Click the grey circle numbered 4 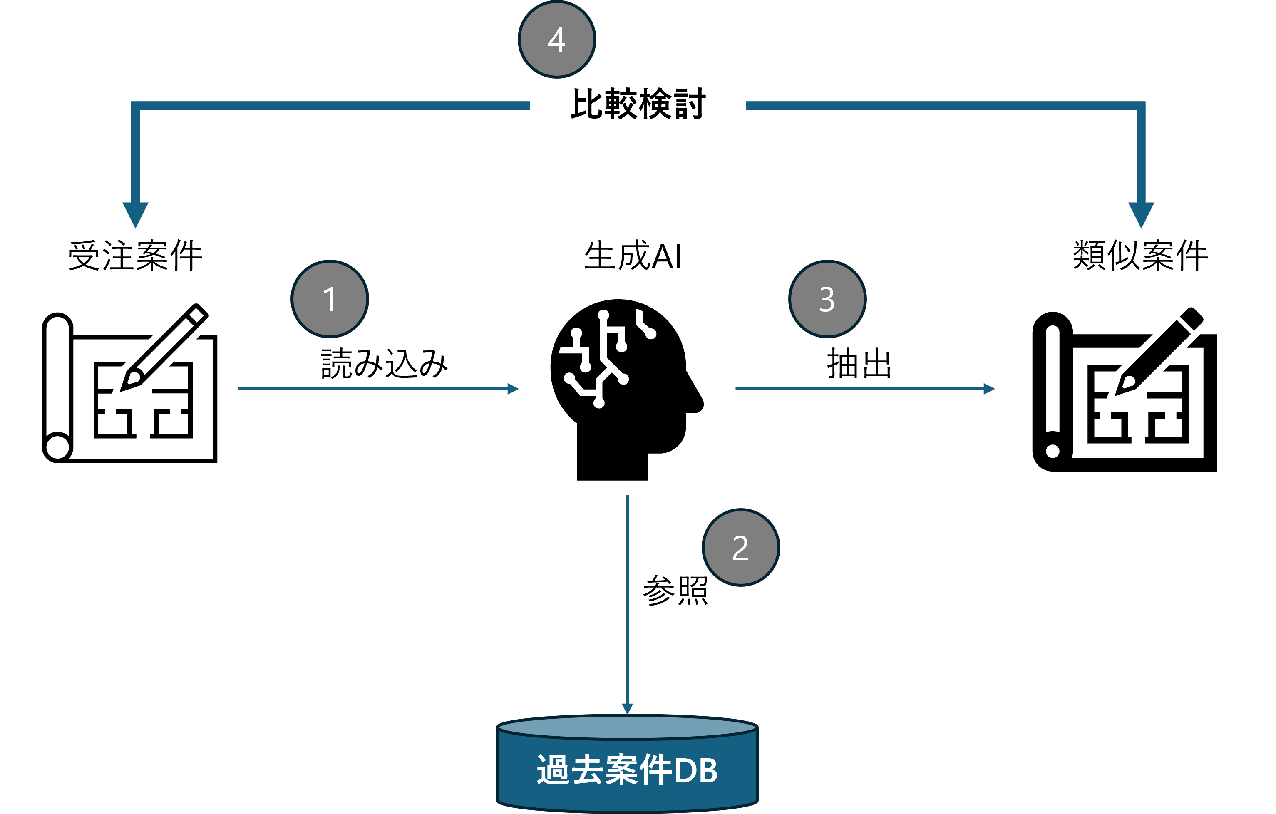pos(556,39)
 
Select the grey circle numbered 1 pos(330,299)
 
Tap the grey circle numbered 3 pos(827,299)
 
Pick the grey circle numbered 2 pos(741,547)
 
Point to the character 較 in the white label pos(621,104)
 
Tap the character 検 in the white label pos(655,104)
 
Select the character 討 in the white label pos(689,104)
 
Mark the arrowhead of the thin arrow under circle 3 pos(989,389)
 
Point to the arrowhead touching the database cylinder pos(628,709)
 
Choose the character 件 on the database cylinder pos(656,770)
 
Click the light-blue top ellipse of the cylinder pos(628,727)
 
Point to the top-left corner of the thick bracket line pos(136,105)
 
